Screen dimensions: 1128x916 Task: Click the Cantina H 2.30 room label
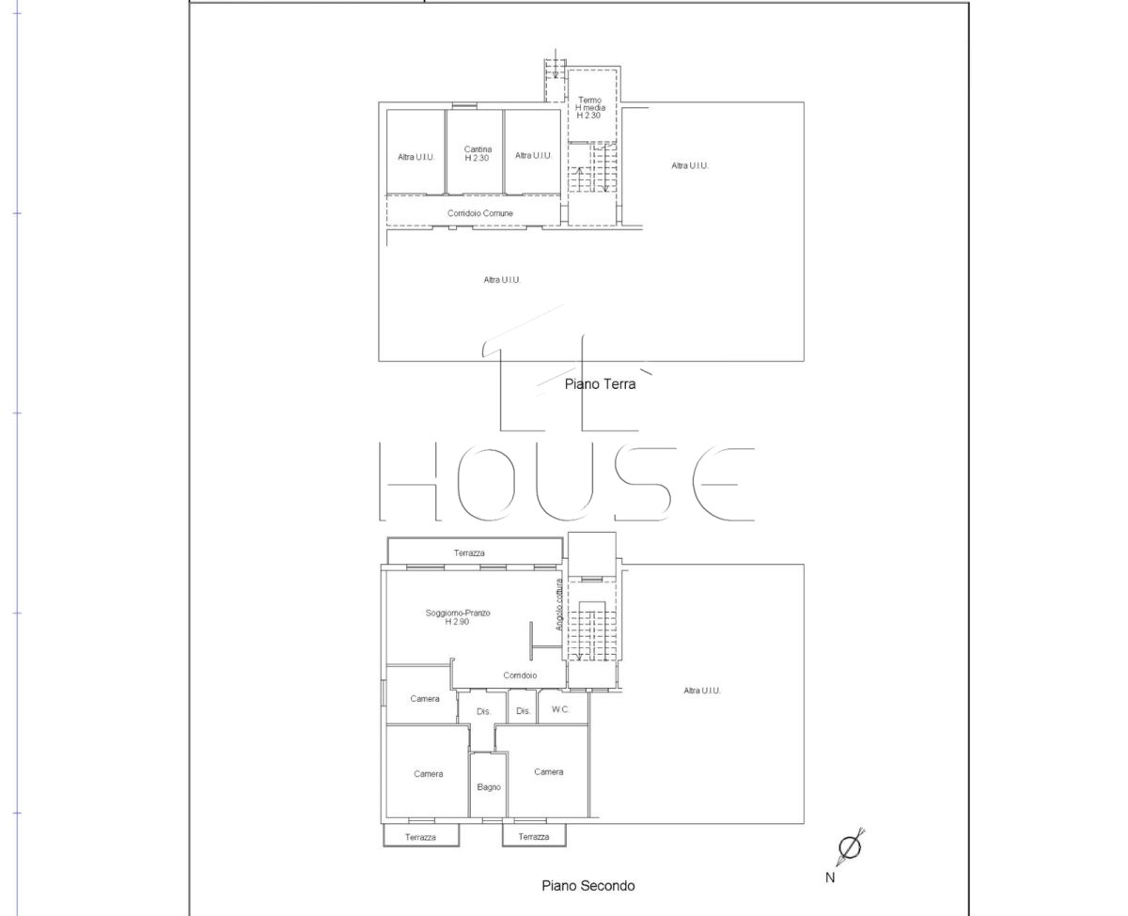478,153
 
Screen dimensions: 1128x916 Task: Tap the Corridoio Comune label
479,213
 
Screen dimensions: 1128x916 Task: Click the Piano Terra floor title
600,384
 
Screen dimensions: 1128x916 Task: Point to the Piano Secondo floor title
587,886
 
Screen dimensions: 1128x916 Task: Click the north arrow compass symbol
851,847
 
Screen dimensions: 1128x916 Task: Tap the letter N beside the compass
830,877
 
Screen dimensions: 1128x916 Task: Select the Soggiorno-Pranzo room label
458,617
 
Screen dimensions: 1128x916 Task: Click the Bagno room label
488,787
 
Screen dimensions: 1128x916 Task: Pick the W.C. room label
560,709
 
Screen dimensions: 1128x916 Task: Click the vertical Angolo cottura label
558,604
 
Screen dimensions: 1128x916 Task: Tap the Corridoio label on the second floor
520,675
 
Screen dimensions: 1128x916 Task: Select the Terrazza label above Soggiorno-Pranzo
469,553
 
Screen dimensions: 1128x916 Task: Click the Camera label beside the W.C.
425,699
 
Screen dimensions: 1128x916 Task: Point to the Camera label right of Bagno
549,771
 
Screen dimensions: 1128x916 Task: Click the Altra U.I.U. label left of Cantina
416,157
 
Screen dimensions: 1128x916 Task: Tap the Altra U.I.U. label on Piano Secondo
701,690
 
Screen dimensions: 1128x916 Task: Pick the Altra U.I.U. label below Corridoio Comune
502,279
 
